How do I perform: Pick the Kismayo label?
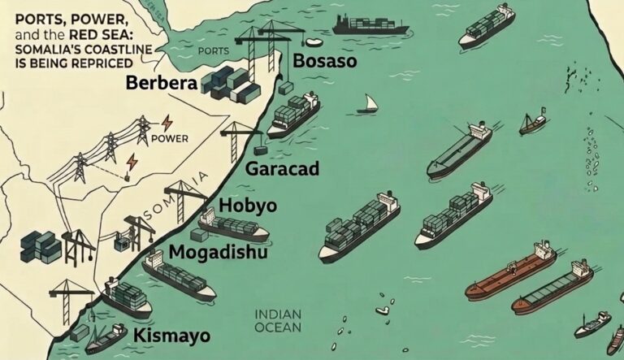coord(163,334)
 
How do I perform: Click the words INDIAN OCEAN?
coord(279,321)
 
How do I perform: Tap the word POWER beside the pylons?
coord(171,138)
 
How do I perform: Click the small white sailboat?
coord(368,104)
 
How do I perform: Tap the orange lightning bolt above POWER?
coord(167,122)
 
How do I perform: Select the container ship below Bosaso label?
coord(293,112)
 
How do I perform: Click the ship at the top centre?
coord(361,25)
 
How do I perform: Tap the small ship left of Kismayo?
coord(106,338)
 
